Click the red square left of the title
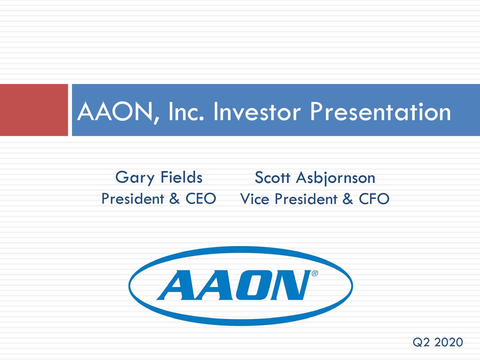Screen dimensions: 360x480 (x=34, y=110)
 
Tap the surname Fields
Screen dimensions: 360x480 (x=181, y=177)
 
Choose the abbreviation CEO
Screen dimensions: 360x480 (x=201, y=199)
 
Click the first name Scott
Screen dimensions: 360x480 (x=273, y=177)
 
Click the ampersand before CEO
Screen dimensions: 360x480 (x=174, y=199)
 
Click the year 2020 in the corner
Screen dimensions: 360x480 (x=449, y=342)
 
